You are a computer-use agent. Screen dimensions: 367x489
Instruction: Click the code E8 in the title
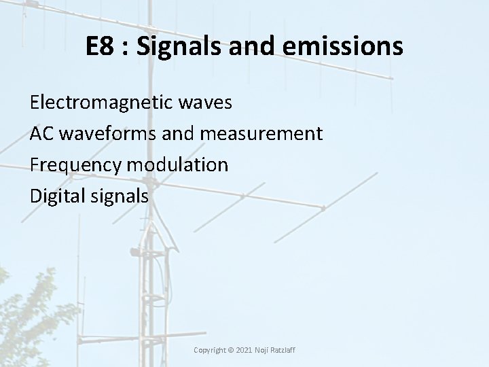[100, 46]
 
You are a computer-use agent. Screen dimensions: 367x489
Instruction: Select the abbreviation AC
[42, 134]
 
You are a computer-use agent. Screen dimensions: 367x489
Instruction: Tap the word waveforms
[108, 134]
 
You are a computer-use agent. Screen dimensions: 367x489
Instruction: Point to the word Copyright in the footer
[211, 350]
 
